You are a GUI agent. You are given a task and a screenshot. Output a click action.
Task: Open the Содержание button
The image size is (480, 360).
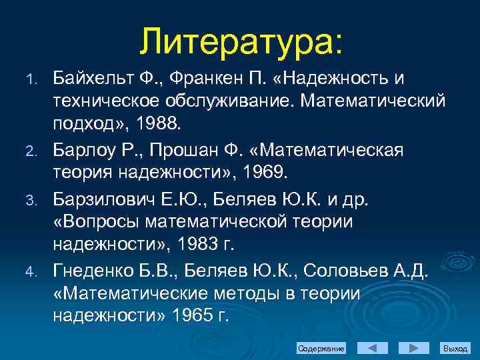pyautogui.click(x=321, y=349)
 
